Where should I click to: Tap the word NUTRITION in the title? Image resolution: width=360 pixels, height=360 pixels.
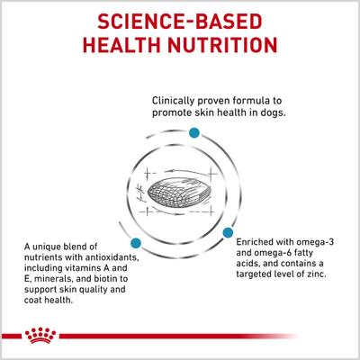pos(238,46)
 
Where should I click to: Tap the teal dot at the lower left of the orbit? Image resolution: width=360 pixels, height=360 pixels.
pos(136,243)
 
